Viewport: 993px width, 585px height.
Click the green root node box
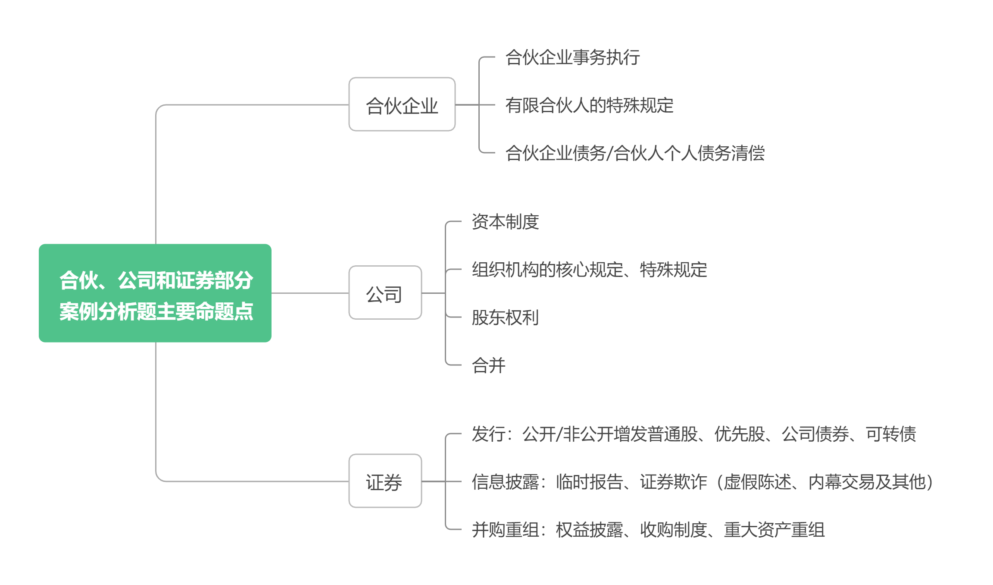[155, 293]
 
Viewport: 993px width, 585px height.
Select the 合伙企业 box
[402, 104]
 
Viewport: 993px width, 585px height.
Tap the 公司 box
[385, 293]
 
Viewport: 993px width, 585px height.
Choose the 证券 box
[385, 481]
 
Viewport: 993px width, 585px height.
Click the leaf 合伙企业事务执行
[572, 57]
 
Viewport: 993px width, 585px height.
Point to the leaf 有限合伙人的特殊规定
[589, 105]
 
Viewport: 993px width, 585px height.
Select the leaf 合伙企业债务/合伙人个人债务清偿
[635, 153]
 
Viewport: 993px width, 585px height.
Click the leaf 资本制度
[505, 222]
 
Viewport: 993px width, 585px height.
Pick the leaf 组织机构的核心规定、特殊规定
[589, 270]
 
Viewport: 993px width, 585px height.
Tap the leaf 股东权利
[505, 318]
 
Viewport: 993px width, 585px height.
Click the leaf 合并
[488, 365]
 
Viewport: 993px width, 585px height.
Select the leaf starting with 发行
[693, 434]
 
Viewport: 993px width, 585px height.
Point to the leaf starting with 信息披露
[702, 482]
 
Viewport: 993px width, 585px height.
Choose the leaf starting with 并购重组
[648, 530]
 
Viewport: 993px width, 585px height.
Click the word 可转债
[891, 434]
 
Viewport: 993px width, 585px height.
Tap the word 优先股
[739, 434]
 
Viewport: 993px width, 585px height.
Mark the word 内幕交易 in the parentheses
[842, 482]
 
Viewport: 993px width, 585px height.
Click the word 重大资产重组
[774, 530]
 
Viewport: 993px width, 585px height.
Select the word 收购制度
[673, 530]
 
